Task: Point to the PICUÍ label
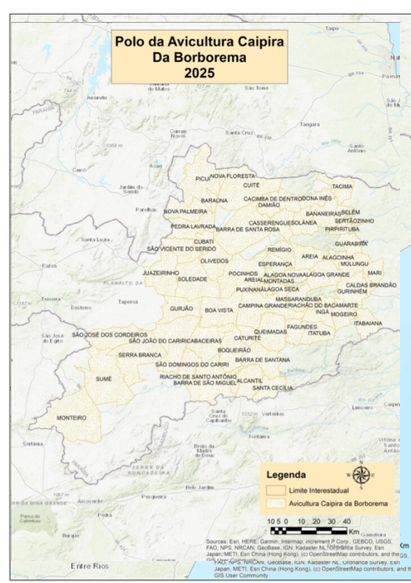click(x=203, y=178)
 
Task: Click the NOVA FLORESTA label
click(x=233, y=177)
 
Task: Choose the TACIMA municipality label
click(x=342, y=186)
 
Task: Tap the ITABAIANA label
click(x=368, y=323)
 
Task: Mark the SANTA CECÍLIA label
click(x=273, y=388)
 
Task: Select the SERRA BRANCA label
click(x=139, y=355)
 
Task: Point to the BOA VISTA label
click(x=218, y=311)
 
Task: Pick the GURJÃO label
click(x=181, y=308)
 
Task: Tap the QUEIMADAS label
click(x=270, y=332)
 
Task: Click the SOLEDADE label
click(x=192, y=280)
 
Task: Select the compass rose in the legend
click(x=361, y=476)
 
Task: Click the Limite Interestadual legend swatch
click(x=276, y=490)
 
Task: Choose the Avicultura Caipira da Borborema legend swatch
click(x=276, y=504)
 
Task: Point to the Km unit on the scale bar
click(x=354, y=530)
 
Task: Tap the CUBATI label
click(x=203, y=241)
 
